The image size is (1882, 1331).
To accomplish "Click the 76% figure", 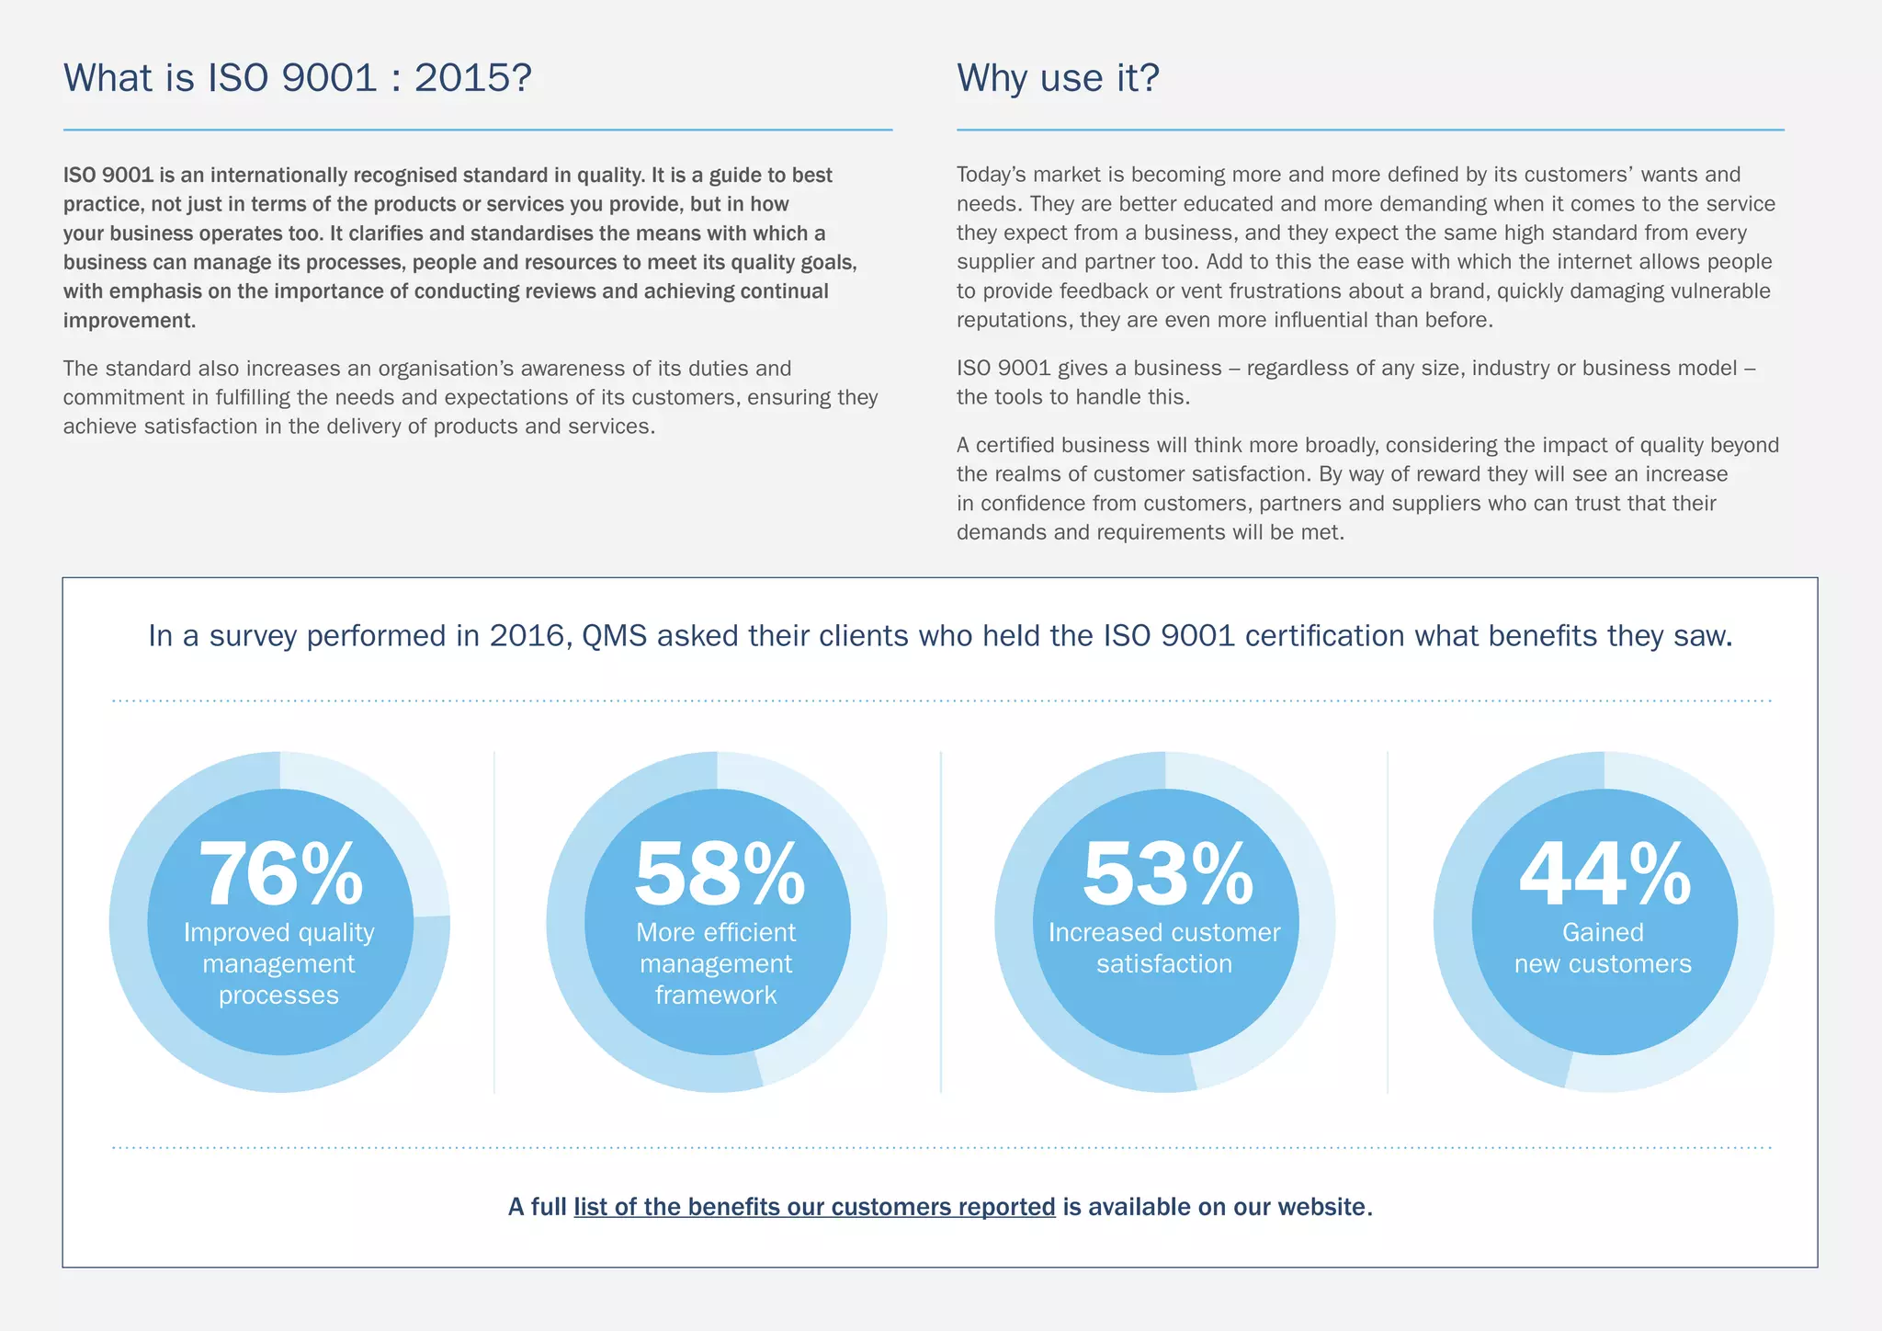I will click(280, 874).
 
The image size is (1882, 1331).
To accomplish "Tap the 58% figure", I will click(719, 874).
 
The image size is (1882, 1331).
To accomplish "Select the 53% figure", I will click(1167, 874).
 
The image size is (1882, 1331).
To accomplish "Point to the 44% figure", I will click(1604, 874).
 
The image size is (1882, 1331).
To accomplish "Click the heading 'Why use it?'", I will click(1058, 78).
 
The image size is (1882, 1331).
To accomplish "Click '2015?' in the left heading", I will click(472, 78).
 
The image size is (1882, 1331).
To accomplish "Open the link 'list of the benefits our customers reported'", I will click(814, 1207).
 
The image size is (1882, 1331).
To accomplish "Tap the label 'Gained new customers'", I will click(1603, 948).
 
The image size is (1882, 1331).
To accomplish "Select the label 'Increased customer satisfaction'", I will click(1164, 948).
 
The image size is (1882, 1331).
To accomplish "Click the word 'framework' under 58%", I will click(716, 995).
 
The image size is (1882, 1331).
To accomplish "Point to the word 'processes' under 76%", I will click(278, 995).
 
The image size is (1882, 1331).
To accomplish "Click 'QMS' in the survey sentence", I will click(615, 636).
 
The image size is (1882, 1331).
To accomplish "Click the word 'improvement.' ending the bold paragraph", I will click(130, 321).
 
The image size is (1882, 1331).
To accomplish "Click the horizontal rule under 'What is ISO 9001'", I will click(478, 131).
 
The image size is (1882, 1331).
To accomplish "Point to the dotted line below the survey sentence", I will click(941, 701).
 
